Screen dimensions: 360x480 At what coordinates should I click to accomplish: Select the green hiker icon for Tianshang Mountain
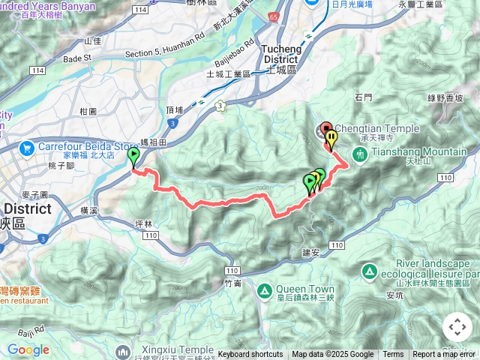coord(360,154)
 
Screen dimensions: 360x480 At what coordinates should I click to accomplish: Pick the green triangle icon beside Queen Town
coord(265,290)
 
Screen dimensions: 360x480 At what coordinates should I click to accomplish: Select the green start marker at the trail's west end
coord(134,157)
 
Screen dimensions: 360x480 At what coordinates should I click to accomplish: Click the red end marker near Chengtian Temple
coord(325,129)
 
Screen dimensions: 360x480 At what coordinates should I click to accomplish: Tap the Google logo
coord(28,349)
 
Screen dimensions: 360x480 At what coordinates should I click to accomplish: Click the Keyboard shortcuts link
coord(250,355)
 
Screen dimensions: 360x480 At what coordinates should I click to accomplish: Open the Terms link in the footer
coord(393,355)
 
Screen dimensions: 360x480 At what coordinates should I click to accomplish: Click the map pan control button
coord(457,327)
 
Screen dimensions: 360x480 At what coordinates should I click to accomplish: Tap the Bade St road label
coord(77,57)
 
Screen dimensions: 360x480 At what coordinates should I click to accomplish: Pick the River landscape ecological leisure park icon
coord(370,270)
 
